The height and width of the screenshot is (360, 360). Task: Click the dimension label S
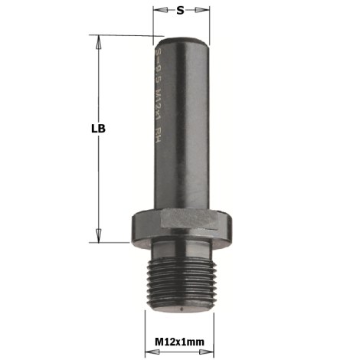(x=180, y=10)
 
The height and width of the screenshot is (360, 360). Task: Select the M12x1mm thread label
(x=181, y=340)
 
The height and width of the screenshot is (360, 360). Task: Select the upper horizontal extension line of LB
(x=123, y=34)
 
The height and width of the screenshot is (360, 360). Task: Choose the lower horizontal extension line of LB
(x=115, y=241)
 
